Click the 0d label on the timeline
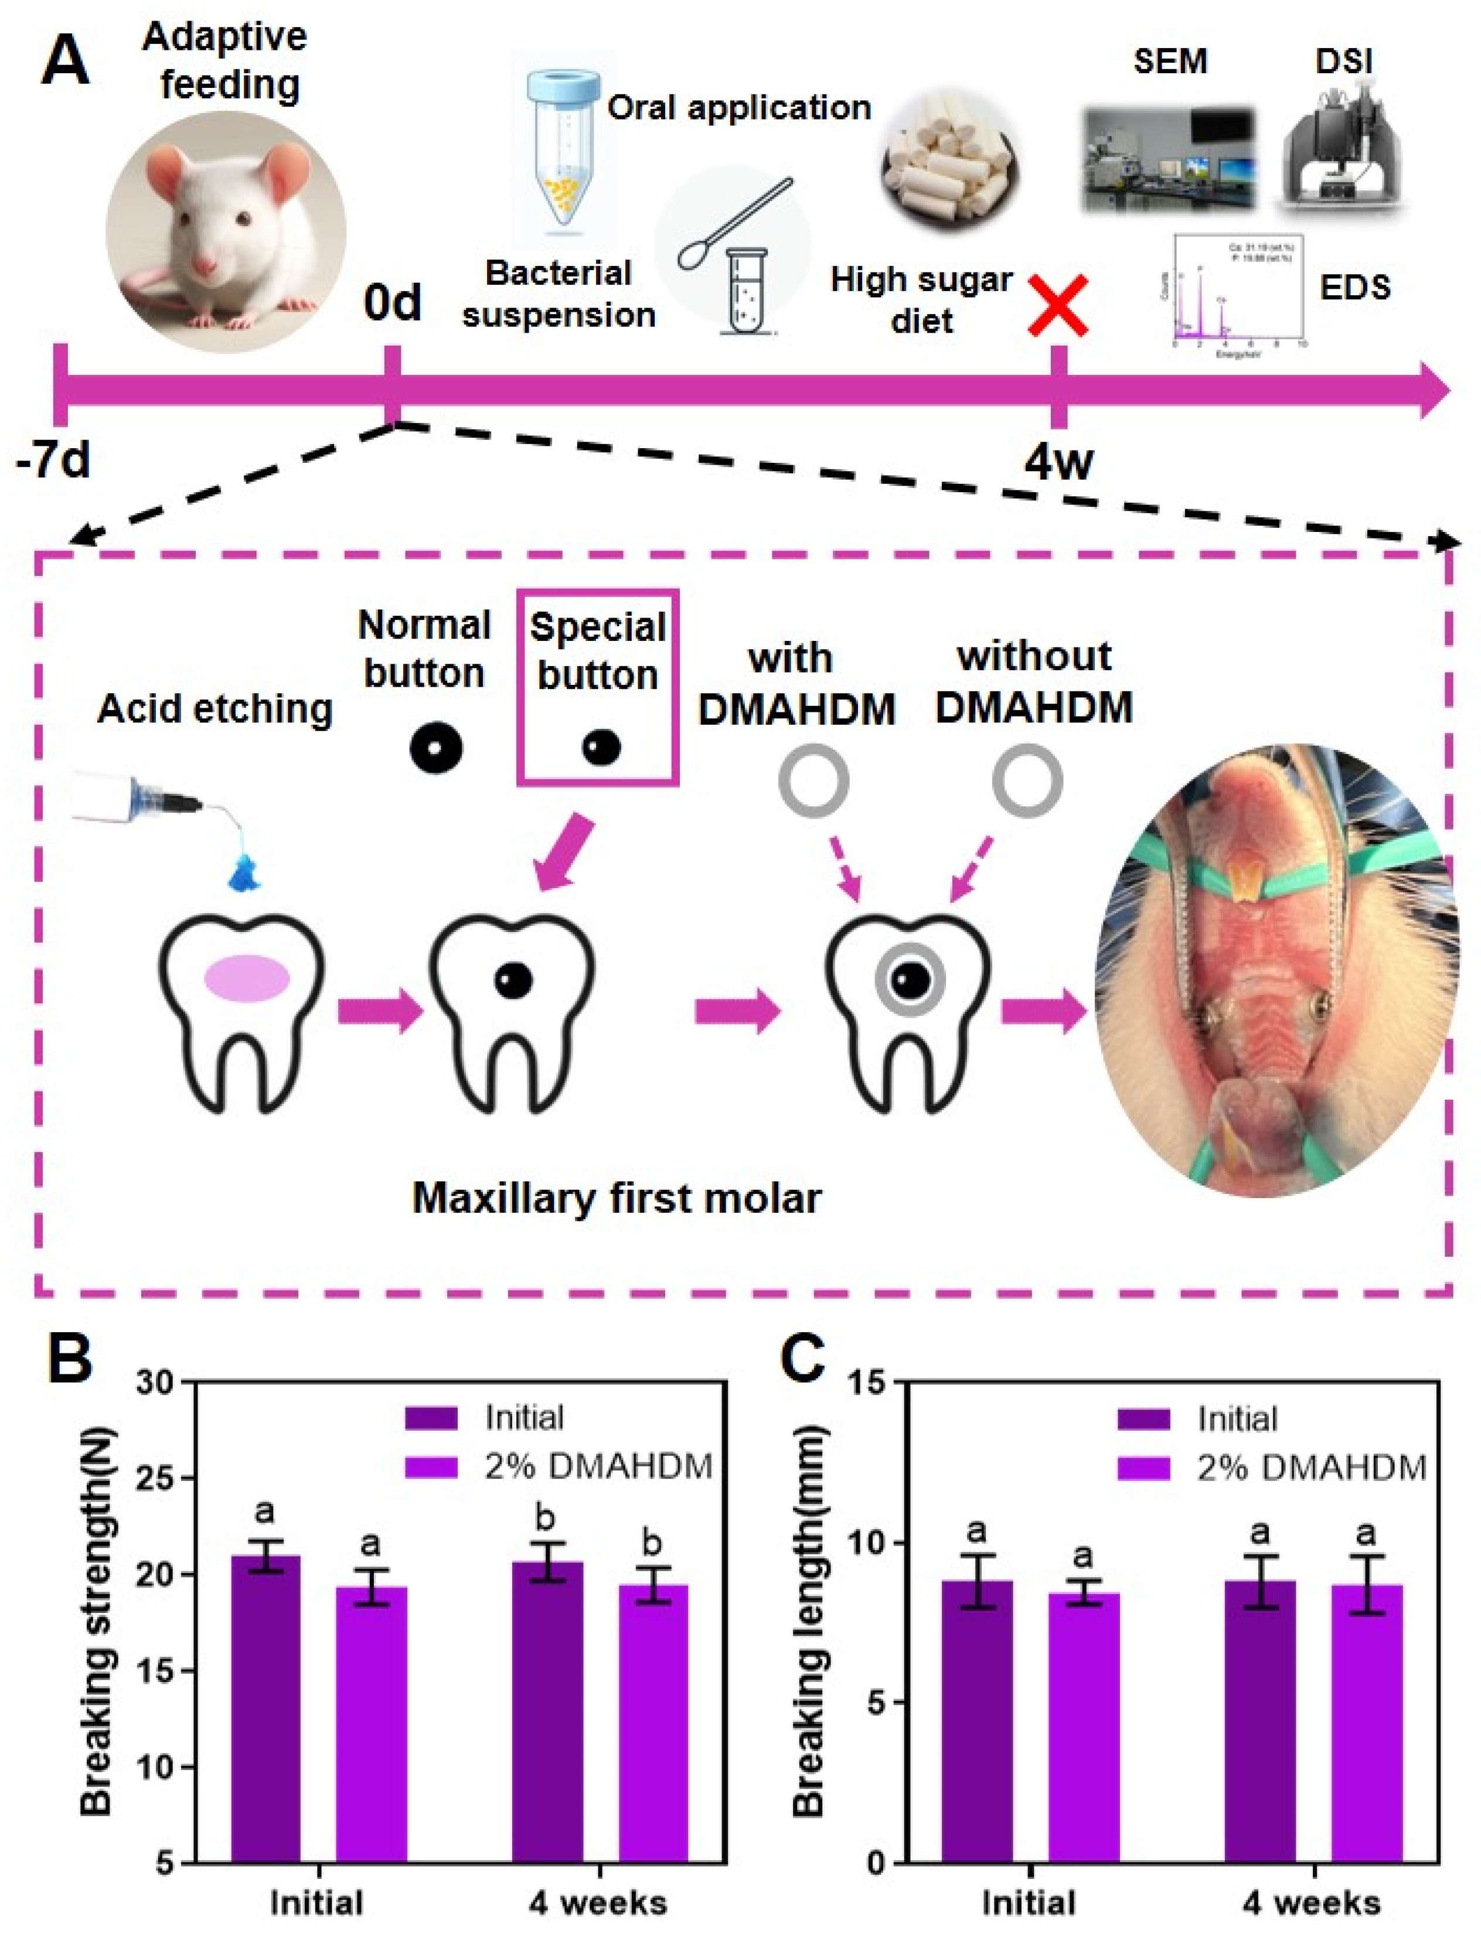pyautogui.click(x=392, y=303)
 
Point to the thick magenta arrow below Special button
pyautogui.click(x=564, y=855)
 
